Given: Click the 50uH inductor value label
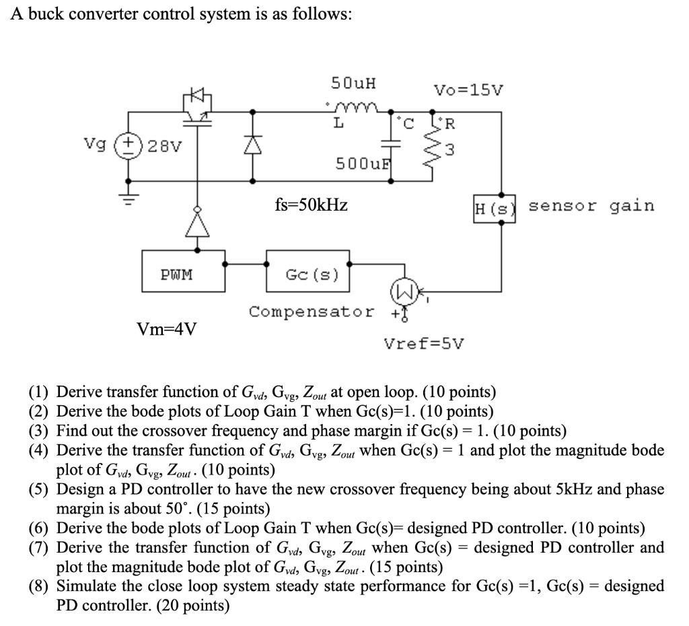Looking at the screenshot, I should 354,84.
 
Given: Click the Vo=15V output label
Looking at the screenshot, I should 468,90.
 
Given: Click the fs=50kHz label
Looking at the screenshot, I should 312,205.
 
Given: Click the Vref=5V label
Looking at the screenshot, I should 423,344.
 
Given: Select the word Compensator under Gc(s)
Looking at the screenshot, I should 312,312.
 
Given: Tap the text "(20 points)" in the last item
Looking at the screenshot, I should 192,605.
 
